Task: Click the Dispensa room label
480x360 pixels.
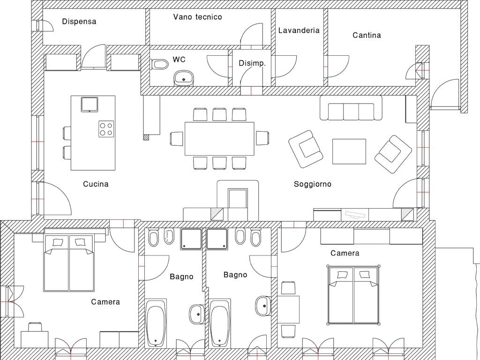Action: coord(79,22)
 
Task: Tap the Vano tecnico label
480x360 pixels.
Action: coord(197,17)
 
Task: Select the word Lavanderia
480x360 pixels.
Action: coord(299,30)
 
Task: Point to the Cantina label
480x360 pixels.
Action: coord(367,35)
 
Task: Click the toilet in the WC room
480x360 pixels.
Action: coord(160,64)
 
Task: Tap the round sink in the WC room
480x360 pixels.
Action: coord(184,78)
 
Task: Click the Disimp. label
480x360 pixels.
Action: coord(252,63)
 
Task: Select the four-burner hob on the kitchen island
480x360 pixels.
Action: coord(106,128)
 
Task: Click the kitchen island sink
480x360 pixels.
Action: coord(90,105)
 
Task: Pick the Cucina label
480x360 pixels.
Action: coord(96,184)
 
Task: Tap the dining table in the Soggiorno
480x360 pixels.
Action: coord(219,139)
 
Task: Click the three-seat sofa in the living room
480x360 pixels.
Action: coord(351,108)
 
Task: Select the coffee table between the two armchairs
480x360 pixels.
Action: coord(349,151)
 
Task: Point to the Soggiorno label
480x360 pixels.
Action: coord(313,184)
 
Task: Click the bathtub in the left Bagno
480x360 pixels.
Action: coord(156,323)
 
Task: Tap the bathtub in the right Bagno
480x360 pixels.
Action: coord(219,323)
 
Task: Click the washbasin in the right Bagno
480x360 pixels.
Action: coord(263,306)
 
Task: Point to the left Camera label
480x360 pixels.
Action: coord(105,302)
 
